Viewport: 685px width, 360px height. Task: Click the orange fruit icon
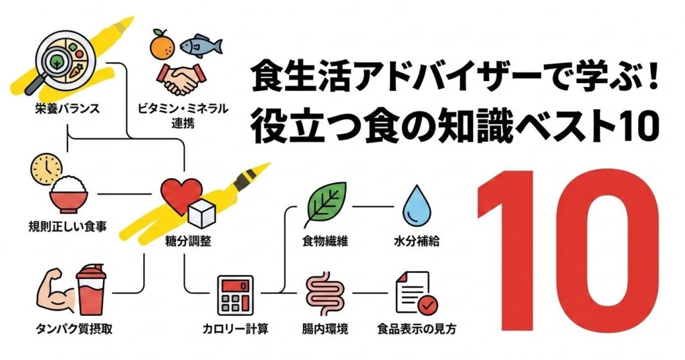pos(162,46)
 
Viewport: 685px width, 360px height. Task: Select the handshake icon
pos(181,79)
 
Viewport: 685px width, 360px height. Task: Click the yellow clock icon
pos(46,168)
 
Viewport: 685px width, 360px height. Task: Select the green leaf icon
pos(327,203)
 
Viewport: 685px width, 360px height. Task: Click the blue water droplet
pos(416,205)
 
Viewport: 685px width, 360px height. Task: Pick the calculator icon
pos(235,295)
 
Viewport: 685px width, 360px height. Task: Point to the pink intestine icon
pos(325,294)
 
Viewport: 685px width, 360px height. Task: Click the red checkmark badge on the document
pos(427,303)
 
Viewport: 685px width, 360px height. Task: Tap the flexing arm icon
pos(56,290)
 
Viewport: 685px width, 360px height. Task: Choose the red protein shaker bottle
pos(90,290)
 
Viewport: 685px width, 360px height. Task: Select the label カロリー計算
pos(235,329)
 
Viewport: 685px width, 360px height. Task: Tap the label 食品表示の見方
pos(416,329)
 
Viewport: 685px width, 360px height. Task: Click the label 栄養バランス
pos(68,108)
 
